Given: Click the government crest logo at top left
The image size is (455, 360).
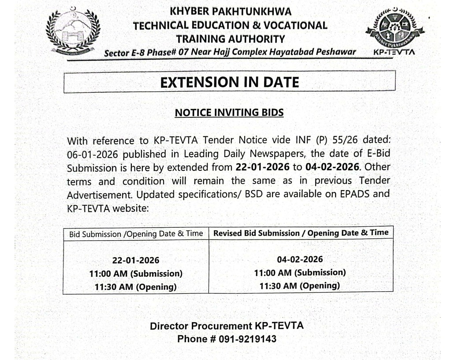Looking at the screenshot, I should (73, 32).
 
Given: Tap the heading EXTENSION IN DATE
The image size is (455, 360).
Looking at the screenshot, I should (229, 82).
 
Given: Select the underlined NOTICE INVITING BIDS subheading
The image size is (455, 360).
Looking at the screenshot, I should (229, 113).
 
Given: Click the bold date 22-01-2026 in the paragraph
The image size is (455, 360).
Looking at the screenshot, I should (261, 168).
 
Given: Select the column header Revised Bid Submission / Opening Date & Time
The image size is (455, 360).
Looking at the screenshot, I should (301, 233).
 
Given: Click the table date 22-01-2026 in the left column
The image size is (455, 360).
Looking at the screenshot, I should (136, 260).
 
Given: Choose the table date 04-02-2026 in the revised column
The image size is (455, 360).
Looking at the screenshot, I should (300, 259).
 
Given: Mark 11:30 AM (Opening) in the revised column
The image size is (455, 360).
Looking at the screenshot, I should (300, 285).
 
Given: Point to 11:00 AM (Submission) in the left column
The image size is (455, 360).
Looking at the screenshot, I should (136, 274).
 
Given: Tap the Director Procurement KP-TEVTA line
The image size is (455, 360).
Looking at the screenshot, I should (227, 326).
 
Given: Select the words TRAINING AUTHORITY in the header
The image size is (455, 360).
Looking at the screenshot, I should (230, 39).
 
